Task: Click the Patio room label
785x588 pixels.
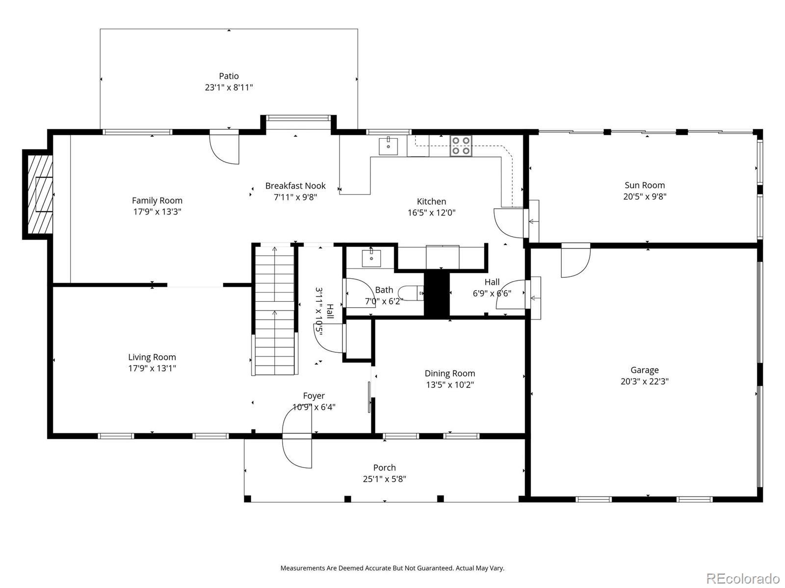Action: point(229,76)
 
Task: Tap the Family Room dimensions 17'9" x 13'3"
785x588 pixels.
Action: point(157,212)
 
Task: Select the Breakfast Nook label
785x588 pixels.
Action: point(295,186)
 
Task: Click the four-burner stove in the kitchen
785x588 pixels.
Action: point(461,146)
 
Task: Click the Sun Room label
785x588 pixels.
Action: point(645,185)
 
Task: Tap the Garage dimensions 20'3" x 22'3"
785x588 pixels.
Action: point(645,381)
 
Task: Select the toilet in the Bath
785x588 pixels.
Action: point(411,293)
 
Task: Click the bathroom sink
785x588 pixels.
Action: point(371,258)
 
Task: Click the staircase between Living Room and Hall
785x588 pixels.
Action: point(274,310)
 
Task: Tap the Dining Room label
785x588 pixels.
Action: point(450,373)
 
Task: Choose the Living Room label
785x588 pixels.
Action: point(152,357)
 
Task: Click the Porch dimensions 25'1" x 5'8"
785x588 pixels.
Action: point(385,479)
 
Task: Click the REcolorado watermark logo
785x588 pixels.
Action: point(743,578)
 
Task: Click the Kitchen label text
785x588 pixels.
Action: point(431,201)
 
